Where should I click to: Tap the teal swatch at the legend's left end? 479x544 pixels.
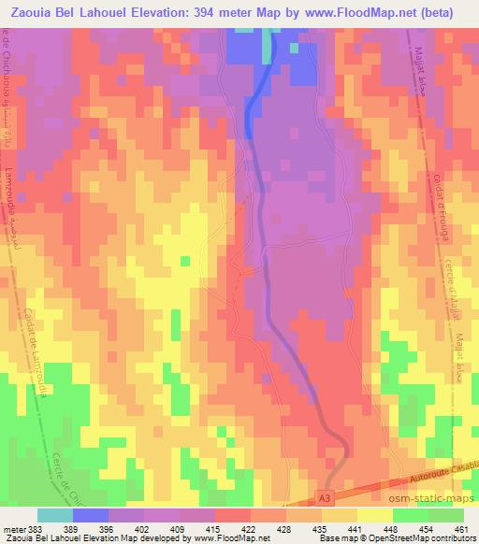pyautogui.click(x=54, y=515)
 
